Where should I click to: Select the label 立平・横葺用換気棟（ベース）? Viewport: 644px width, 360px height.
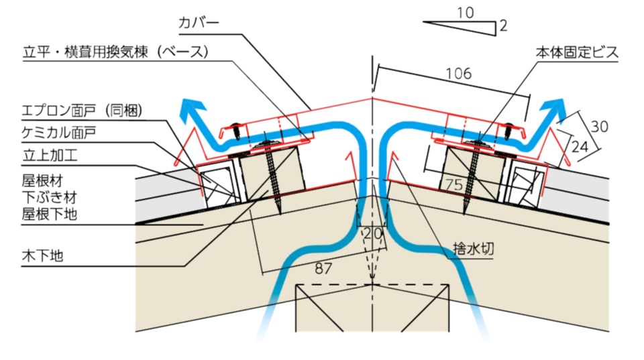tap(117, 52)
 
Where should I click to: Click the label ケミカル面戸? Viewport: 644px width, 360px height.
tap(58, 133)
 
